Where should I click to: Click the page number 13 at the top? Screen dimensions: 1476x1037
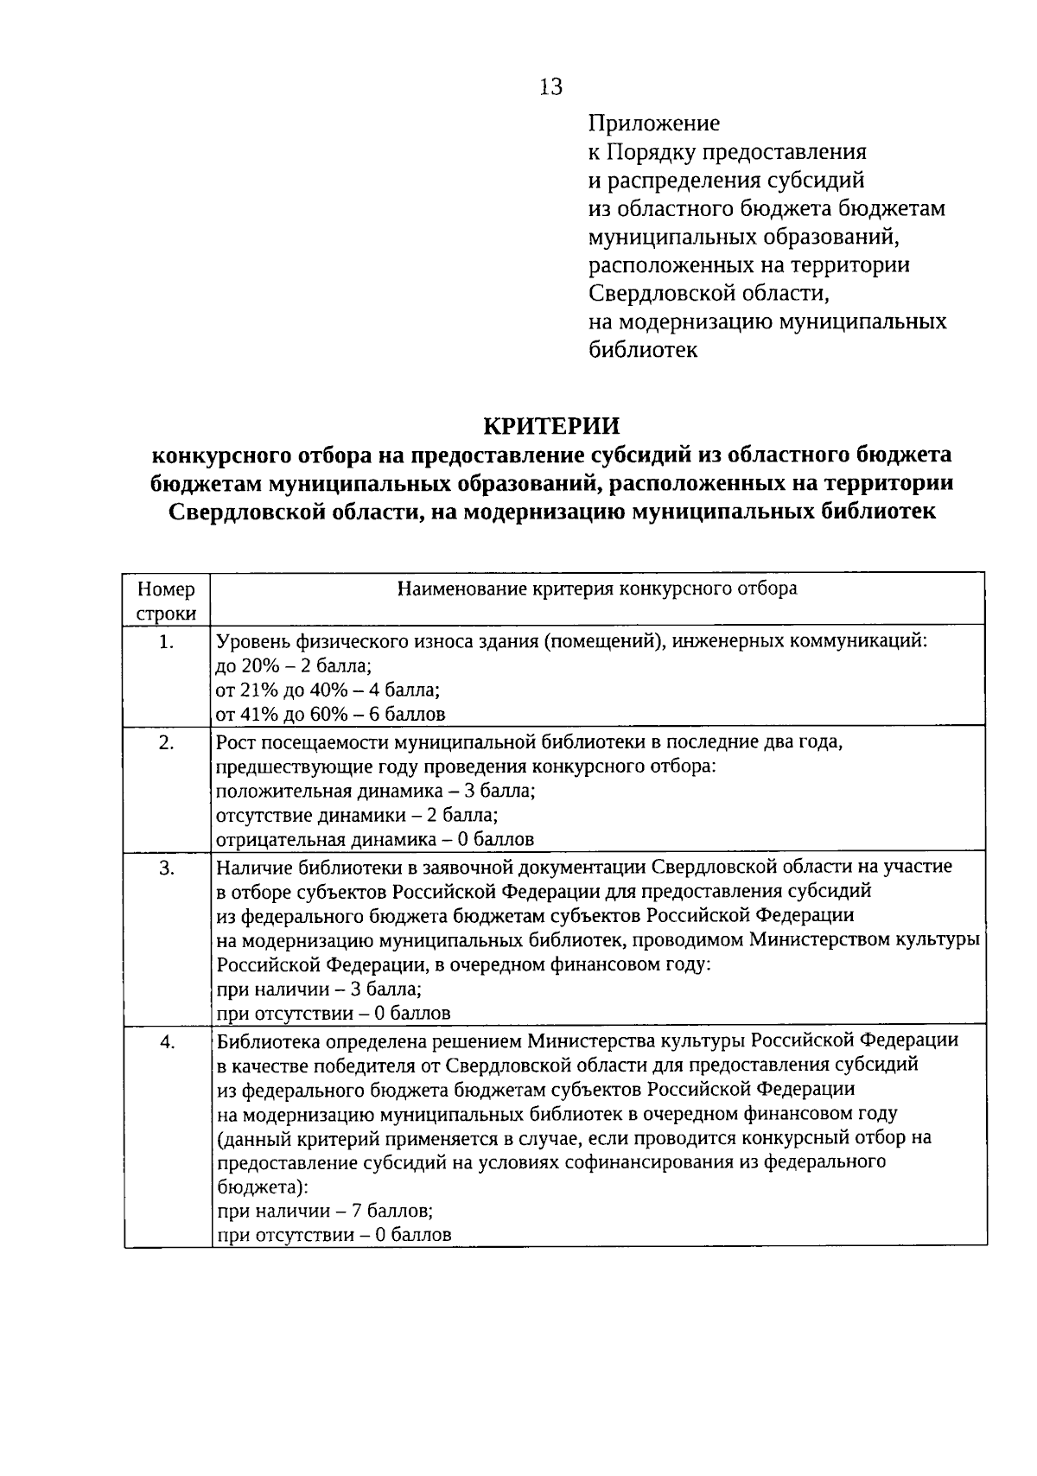[550, 87]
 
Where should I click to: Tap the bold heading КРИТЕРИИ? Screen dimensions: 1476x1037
[550, 426]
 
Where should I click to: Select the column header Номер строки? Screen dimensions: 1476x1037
[167, 601]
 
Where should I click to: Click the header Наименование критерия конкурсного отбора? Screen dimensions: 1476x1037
[597, 589]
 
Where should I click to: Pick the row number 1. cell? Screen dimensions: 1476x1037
[167, 642]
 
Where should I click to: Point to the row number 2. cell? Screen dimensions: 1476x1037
[167, 742]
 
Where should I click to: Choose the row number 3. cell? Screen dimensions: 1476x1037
[167, 868]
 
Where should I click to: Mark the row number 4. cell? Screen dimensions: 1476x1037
[167, 1042]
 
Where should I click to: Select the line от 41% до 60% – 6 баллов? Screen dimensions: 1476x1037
[330, 715]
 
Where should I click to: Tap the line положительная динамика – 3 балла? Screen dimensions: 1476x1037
[376, 791]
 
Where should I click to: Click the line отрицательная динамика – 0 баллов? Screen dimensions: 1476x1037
[375, 839]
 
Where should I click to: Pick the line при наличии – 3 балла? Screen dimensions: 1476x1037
[319, 989]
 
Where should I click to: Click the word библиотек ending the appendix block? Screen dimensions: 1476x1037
[643, 350]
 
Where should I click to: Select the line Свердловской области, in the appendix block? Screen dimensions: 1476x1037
[709, 293]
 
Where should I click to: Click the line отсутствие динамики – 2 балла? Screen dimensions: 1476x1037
[357, 815]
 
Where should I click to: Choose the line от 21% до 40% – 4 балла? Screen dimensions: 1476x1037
[328, 690]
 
